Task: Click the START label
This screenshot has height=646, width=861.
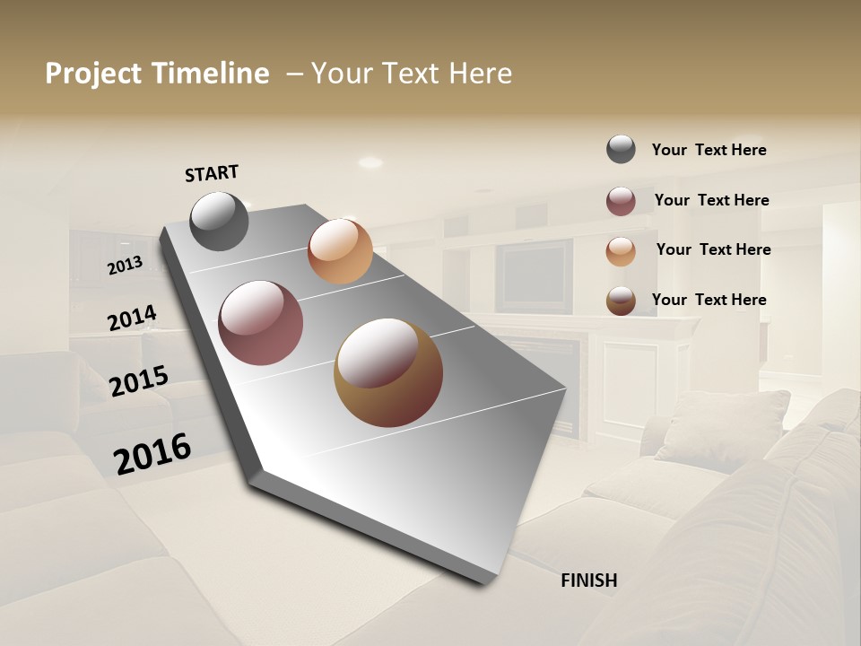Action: click(212, 173)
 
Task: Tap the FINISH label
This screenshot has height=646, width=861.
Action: click(589, 581)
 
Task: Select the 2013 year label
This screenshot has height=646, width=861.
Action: click(126, 266)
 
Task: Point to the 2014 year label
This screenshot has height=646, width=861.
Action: click(132, 319)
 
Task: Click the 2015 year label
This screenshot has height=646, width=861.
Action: click(139, 381)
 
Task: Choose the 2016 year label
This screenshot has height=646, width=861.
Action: click(152, 454)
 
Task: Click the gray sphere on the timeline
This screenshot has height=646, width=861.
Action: click(220, 221)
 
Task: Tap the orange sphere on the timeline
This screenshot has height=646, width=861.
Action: click(340, 251)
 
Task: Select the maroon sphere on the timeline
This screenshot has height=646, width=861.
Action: click(261, 323)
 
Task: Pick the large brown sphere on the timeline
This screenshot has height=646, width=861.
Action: click(388, 372)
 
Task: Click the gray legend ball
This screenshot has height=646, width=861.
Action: click(621, 149)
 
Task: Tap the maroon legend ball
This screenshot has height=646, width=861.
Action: click(621, 201)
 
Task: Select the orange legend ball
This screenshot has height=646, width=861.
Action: click(621, 251)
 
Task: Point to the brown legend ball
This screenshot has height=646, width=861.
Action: click(621, 301)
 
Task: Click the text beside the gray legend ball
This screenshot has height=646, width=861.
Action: click(709, 150)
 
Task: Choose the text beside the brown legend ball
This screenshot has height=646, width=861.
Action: click(709, 300)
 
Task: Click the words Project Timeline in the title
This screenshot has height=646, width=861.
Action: click(157, 74)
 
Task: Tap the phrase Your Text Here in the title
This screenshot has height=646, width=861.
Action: click(412, 74)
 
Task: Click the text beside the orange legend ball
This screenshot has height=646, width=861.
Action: click(713, 249)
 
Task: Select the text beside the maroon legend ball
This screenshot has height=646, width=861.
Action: click(711, 200)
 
